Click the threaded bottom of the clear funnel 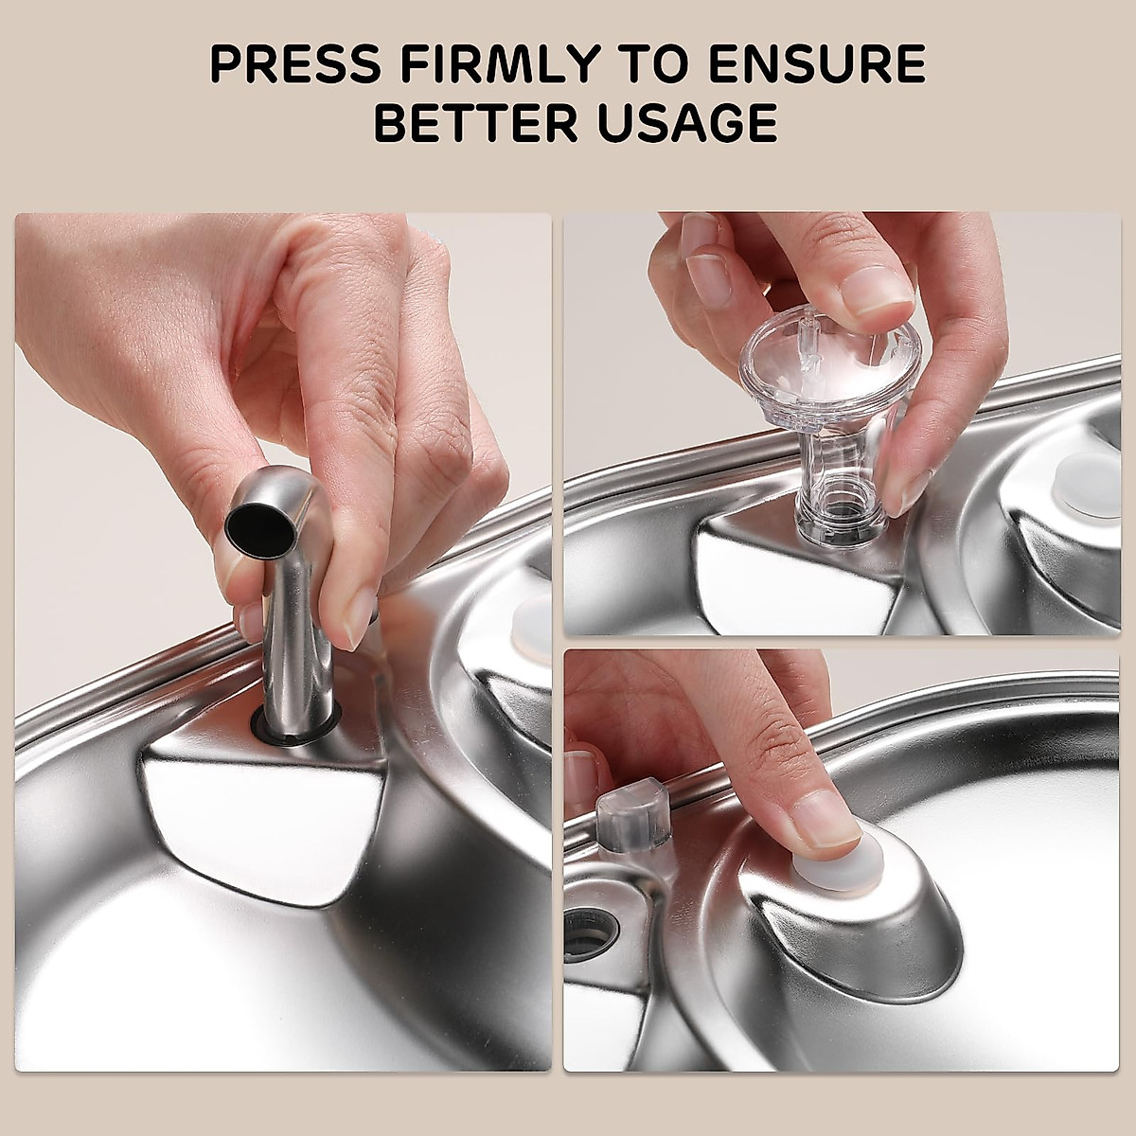(x=837, y=519)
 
